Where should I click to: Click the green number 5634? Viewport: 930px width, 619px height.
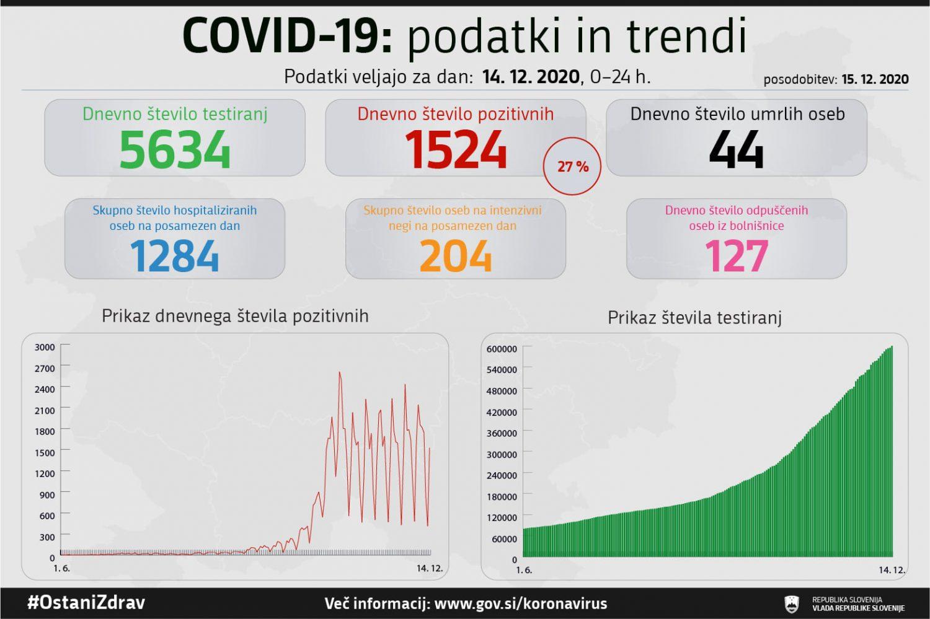tap(174, 150)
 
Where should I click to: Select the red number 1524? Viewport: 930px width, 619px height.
tap(456, 150)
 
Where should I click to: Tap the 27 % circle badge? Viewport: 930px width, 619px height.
tap(572, 166)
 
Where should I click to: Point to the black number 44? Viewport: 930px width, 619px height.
tap(736, 150)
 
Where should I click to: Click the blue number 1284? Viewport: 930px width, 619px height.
tap(174, 256)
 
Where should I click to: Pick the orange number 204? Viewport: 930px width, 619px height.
tap(456, 256)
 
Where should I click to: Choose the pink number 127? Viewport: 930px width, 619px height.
tap(737, 256)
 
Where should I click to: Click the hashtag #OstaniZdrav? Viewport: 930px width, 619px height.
tap(86, 603)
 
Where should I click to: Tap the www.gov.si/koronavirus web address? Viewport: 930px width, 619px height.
tap(521, 604)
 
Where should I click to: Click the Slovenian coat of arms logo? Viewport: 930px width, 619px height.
tap(792, 604)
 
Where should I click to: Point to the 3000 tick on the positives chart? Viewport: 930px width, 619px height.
tap(45, 347)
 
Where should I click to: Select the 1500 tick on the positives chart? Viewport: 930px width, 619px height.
tap(45, 452)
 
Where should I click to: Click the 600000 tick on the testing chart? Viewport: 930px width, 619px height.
tap(502, 349)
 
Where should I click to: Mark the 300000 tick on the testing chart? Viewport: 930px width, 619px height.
tap(502, 454)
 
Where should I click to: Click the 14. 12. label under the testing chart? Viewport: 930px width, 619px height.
tap(892, 570)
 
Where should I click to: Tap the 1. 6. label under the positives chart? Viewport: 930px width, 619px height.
tap(61, 568)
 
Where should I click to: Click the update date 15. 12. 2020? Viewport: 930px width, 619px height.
tap(875, 79)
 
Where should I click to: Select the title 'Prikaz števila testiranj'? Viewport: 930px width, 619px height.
tap(694, 318)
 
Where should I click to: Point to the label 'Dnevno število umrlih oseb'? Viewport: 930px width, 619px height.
tap(737, 114)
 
